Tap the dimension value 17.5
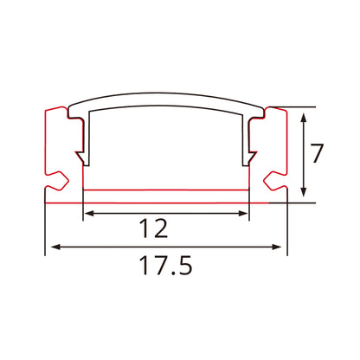(164, 266)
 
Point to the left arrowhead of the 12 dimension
(87, 213)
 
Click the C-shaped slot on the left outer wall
(56, 180)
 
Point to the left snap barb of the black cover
(81, 157)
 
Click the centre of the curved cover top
(165, 97)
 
